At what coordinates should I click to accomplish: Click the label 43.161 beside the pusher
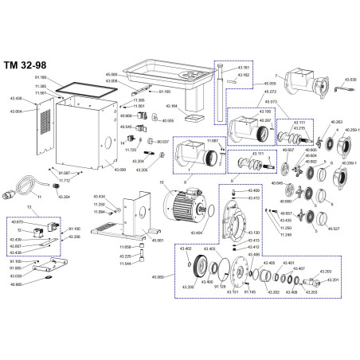[x=244, y=68]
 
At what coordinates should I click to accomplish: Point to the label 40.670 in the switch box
[x=17, y=222]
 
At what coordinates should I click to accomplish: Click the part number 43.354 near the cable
[x=65, y=196]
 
